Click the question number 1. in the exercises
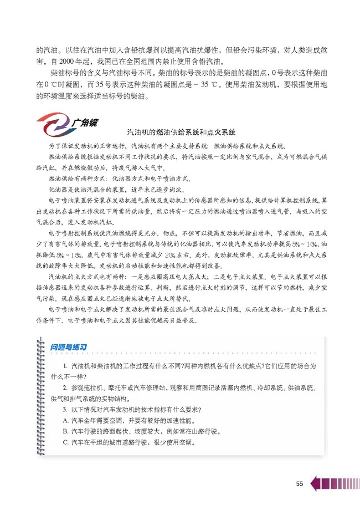click(66, 368)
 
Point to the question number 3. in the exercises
click(66, 410)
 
